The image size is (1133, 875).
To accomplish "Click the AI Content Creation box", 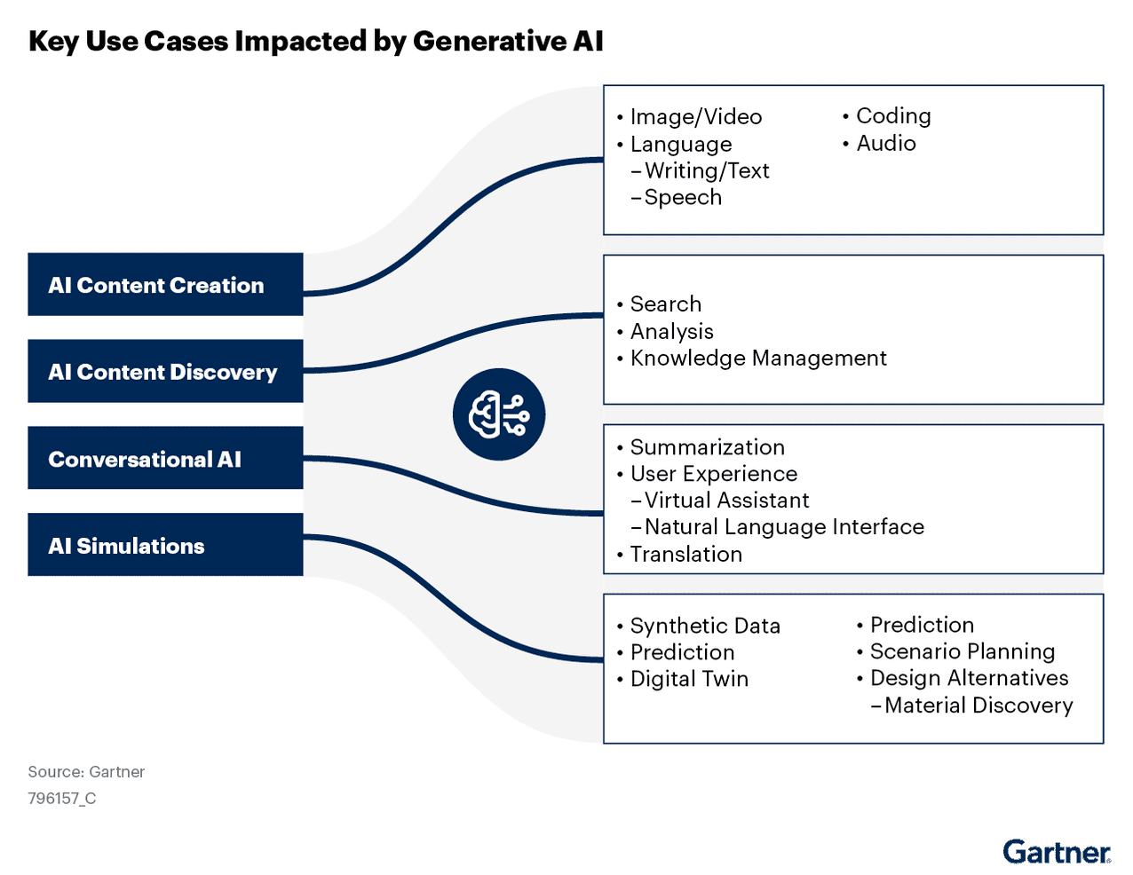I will (x=165, y=285).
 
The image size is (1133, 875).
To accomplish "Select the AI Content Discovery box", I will (x=165, y=372).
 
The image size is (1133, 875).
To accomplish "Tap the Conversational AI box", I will (x=165, y=459).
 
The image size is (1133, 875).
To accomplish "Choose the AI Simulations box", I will (x=165, y=546).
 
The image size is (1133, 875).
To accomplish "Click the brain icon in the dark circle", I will (x=498, y=414).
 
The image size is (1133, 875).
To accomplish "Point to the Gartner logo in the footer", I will (x=1057, y=853).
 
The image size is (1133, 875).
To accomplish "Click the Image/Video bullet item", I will (x=695, y=117).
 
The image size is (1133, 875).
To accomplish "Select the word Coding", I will (x=893, y=116).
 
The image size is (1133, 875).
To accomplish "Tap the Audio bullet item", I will (x=885, y=144).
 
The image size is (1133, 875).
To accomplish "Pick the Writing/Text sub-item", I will (x=706, y=171).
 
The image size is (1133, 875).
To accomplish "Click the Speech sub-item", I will (x=683, y=198).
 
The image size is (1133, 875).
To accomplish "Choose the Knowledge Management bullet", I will (x=757, y=359).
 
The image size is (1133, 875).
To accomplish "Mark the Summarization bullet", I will (x=707, y=447).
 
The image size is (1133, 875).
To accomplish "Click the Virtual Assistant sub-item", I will (x=726, y=501).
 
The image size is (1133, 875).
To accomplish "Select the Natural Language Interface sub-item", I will (x=783, y=527).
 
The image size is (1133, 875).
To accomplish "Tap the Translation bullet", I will (x=685, y=555).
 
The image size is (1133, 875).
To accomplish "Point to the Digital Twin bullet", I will (x=689, y=679).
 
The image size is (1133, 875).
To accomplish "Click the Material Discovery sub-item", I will (x=978, y=706).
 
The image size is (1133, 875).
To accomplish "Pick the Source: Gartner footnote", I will (x=86, y=772).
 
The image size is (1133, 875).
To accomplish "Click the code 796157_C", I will (x=62, y=799).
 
